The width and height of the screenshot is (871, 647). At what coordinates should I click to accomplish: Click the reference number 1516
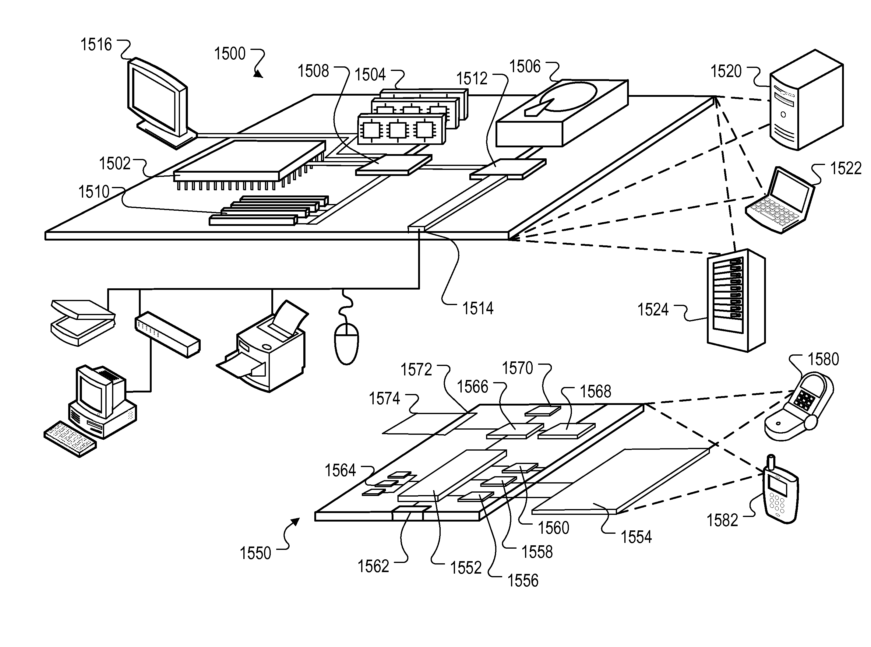coord(96,45)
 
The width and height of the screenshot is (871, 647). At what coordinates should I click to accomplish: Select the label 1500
coord(230,54)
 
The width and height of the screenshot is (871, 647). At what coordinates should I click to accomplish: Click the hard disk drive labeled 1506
coord(562,113)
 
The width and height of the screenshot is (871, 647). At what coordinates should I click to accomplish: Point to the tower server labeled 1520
coord(806,100)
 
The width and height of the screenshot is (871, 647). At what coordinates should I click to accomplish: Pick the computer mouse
coord(347,343)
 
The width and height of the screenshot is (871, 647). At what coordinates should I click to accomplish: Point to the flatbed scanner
coord(83,323)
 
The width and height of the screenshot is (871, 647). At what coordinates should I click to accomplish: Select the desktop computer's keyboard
coord(70,439)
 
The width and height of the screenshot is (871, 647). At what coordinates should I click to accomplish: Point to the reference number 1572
coord(416,370)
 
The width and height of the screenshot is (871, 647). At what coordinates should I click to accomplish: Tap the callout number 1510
coord(94,192)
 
